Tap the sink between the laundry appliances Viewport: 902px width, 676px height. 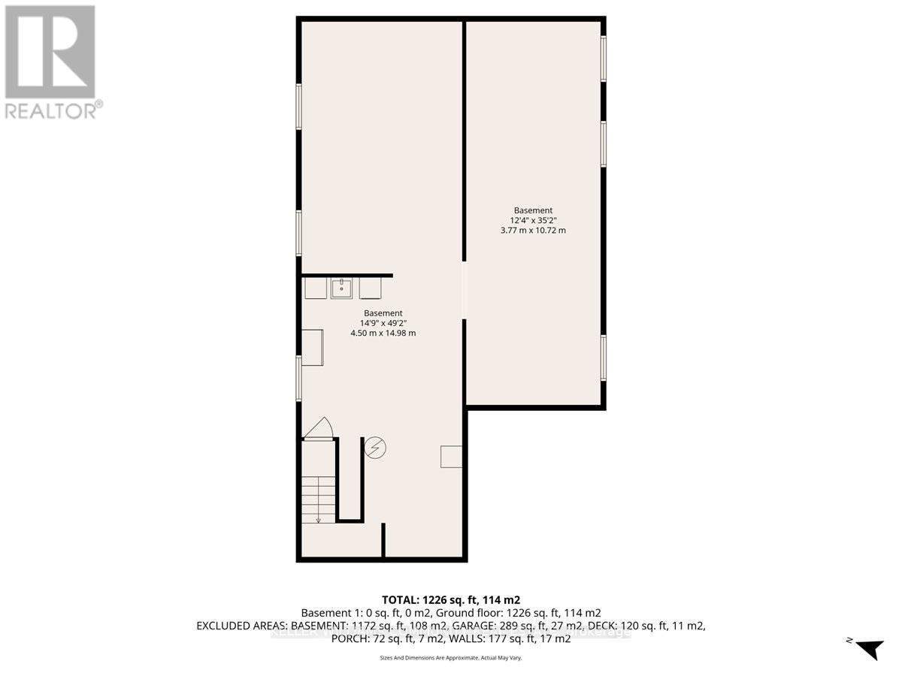pyautogui.click(x=342, y=288)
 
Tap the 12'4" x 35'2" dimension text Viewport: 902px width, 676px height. pyautogui.click(x=533, y=220)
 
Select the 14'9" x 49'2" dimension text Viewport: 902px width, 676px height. pyautogui.click(x=383, y=323)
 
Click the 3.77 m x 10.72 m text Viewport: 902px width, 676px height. pyautogui.click(x=533, y=231)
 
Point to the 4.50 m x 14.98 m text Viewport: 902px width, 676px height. pyautogui.click(x=383, y=333)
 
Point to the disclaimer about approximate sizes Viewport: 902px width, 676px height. pyautogui.click(x=450, y=657)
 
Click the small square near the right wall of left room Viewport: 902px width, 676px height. pyautogui.click(x=451, y=457)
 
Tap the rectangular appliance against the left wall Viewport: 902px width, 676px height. pyautogui.click(x=312, y=346)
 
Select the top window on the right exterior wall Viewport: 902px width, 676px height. pyautogui.click(x=603, y=58)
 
